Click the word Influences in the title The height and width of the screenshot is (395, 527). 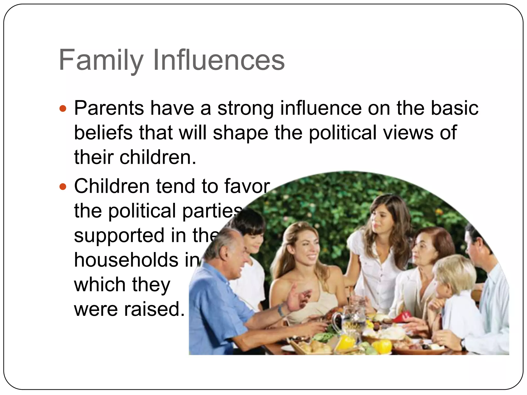tap(219, 60)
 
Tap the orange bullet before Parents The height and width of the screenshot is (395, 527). tap(63, 109)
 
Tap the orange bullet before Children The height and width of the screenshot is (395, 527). tap(63, 186)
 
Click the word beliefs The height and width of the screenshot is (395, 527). tap(103, 133)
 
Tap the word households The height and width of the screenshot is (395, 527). tap(126, 260)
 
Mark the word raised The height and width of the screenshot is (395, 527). tap(154, 309)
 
